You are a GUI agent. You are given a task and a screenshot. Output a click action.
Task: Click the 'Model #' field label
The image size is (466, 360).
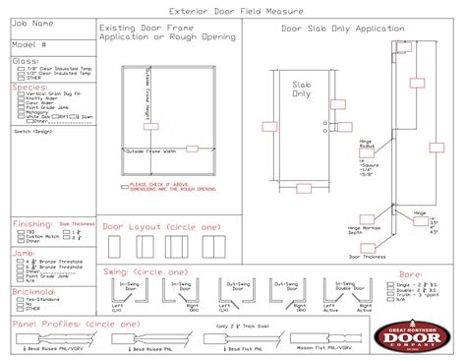click(x=29, y=44)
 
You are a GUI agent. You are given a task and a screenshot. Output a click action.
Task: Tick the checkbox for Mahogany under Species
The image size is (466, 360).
click(x=18, y=111)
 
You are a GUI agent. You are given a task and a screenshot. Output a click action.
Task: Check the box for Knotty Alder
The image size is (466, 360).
click(x=18, y=99)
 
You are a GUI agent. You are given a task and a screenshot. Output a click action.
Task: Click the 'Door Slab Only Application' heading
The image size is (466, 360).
click(x=330, y=30)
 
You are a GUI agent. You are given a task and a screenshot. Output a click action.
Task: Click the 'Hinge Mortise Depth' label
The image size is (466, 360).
click(x=362, y=229)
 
